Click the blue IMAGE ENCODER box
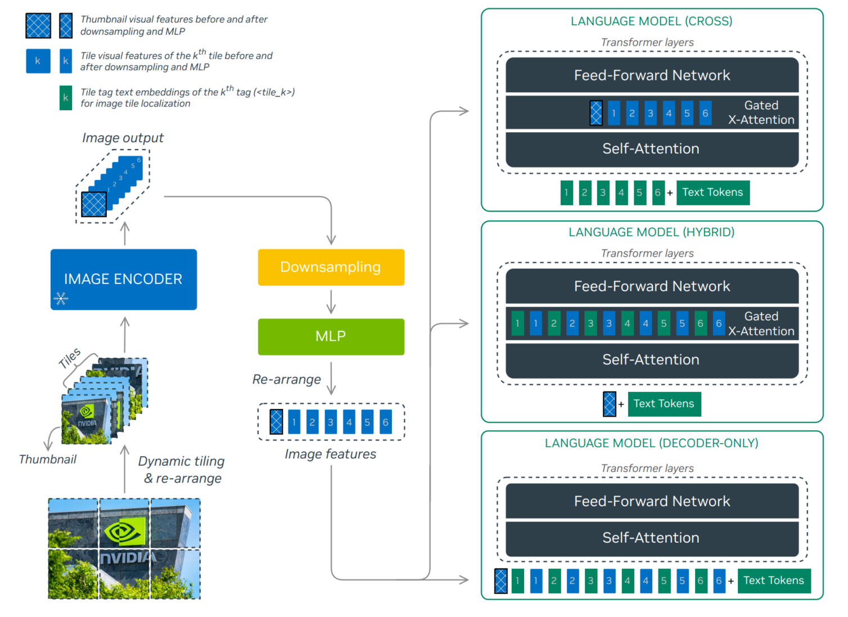click(x=124, y=279)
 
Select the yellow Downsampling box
click(x=331, y=267)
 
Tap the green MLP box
click(x=331, y=336)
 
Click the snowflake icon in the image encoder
click(x=61, y=298)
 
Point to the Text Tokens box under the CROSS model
click(x=712, y=192)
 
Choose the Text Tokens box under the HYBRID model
click(x=664, y=404)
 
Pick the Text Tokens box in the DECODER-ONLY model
click(x=774, y=580)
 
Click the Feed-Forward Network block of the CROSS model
click(x=652, y=75)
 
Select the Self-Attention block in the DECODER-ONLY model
click(x=652, y=538)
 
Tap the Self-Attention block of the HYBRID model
click(x=652, y=360)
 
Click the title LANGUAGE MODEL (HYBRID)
click(x=651, y=232)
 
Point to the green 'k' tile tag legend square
click(x=66, y=98)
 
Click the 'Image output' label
click(x=123, y=138)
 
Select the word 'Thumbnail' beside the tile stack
click(x=48, y=460)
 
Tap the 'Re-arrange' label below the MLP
click(x=286, y=380)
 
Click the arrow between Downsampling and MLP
click(x=331, y=302)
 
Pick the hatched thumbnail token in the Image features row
click(x=276, y=422)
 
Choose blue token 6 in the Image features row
click(x=385, y=422)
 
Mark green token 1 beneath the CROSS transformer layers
click(x=566, y=192)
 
